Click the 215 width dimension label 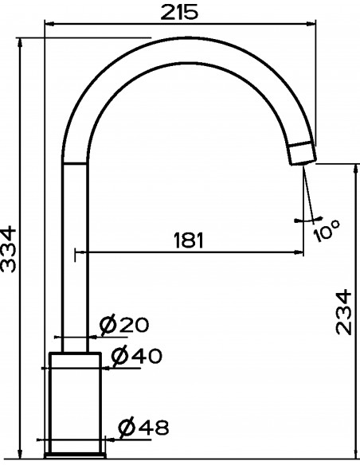[179, 13]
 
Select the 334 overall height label [8, 249]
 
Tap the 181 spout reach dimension [189, 240]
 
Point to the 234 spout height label [344, 312]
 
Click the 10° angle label [327, 231]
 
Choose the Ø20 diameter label [123, 325]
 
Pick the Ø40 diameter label [136, 355]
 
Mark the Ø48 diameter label [143, 428]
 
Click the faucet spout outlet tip [302, 154]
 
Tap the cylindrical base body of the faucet [76, 402]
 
